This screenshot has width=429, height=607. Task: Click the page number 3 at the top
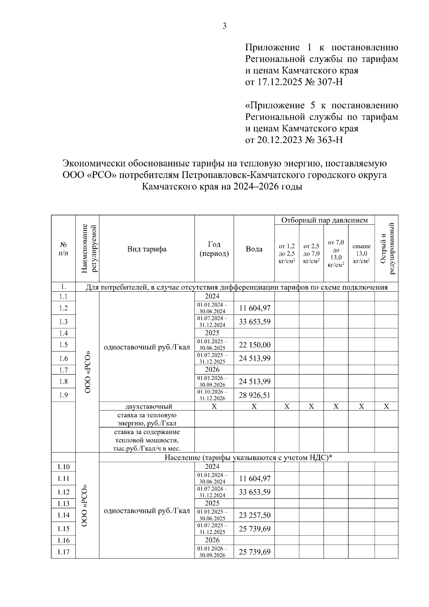pos(224,26)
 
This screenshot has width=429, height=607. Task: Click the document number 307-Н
pos(330,82)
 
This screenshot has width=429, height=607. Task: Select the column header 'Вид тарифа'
pos(147,249)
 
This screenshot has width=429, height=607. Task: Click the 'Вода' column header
pos(254,249)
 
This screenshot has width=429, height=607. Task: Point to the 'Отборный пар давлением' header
pos(324,220)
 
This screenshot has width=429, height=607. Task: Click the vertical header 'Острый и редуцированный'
pos(386,249)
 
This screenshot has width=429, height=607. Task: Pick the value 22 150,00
pos(255,345)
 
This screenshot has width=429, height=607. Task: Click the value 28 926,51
pos(255,395)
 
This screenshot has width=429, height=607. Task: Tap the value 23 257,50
pos(255,515)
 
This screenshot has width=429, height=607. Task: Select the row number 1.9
pos(63,395)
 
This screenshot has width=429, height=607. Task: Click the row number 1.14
pos(63,515)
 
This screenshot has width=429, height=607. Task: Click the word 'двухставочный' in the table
pos(149,406)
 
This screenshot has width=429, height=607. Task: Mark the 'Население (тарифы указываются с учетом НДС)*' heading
pos(248,458)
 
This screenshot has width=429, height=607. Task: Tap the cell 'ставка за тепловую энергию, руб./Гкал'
pos(147,419)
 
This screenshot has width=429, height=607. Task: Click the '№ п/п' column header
pos(63,249)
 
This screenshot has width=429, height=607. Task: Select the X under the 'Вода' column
pos(254,406)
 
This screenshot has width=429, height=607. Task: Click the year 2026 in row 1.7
pos(212,370)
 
